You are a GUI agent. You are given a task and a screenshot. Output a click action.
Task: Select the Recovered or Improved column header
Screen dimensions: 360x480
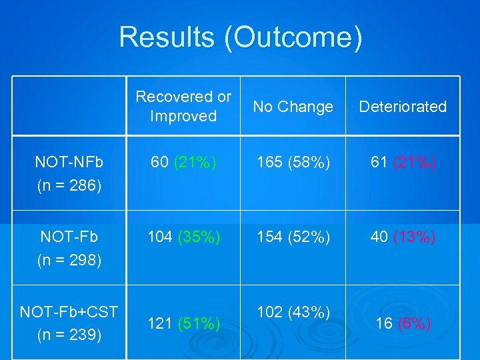pos(183,106)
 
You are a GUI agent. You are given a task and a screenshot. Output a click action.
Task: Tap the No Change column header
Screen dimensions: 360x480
pos(293,107)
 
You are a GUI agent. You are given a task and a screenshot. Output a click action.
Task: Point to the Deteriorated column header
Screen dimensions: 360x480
pos(403,107)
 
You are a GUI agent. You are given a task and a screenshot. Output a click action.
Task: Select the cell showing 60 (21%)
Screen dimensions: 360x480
pos(183,162)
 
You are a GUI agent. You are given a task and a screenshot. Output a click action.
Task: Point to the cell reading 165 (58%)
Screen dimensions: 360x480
pos(293,162)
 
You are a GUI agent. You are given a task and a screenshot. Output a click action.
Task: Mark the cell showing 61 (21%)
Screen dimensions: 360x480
pos(403,162)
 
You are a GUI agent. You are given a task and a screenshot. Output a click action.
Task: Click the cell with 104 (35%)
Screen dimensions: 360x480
pos(183,237)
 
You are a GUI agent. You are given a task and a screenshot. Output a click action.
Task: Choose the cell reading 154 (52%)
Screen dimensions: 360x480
pos(293,237)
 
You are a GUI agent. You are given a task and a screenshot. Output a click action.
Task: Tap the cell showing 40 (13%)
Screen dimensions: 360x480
pos(403,237)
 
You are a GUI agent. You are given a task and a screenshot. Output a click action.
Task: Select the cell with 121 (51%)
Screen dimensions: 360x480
pos(183,324)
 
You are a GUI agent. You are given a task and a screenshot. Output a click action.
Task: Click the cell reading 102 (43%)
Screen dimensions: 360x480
pos(293,311)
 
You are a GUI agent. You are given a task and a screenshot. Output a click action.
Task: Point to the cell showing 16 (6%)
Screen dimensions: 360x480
pos(403,324)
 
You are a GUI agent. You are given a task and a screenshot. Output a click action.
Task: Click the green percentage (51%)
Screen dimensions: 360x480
pos(198,324)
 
